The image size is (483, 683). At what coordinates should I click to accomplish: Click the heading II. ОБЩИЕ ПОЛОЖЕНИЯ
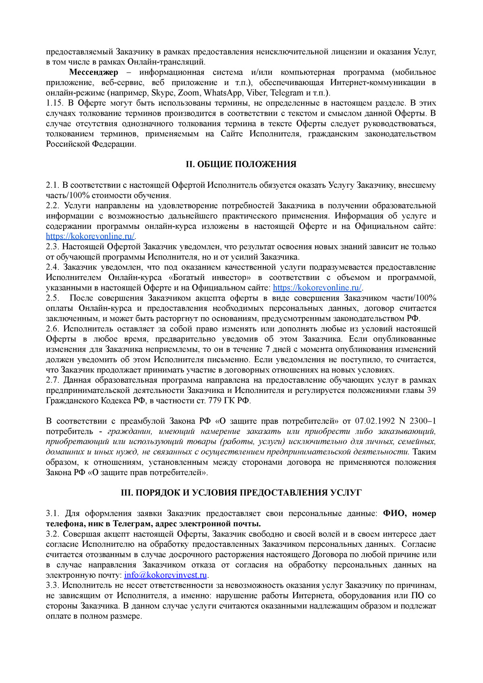tap(241, 164)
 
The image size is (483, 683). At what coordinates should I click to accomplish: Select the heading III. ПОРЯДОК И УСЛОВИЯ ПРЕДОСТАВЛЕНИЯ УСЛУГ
tap(241, 493)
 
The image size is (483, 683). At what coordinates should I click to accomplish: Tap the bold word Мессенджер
tap(93, 72)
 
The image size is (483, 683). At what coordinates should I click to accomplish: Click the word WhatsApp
tap(223, 93)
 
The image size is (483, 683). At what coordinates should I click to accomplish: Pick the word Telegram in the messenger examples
tap(287, 93)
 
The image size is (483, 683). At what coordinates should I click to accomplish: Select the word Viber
tap(256, 93)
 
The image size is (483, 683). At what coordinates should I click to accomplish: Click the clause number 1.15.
tap(54, 103)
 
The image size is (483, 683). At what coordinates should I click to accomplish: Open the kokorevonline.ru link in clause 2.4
tap(317, 288)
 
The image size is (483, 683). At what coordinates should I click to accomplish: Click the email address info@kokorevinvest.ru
tap(165, 575)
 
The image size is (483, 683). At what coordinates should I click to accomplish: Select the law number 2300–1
tap(423, 421)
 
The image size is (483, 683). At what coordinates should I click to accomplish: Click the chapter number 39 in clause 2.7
tap(431, 390)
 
